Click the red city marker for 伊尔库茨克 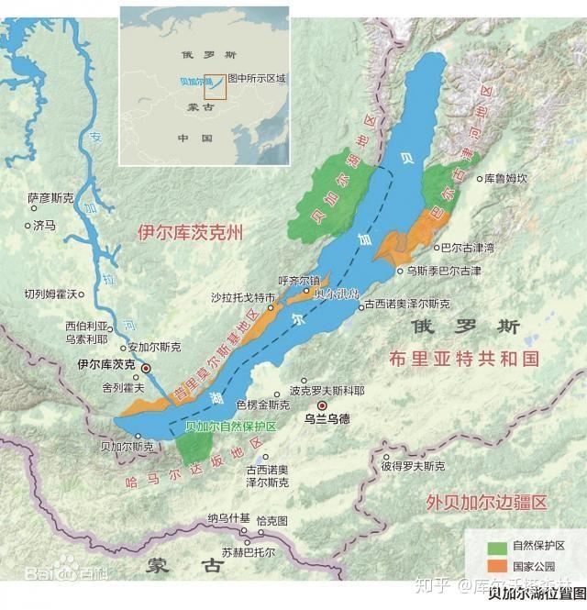146,368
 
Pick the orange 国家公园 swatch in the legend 496,565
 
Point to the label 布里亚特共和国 463,358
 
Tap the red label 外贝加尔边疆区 486,502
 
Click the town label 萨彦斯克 50,197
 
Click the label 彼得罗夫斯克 413,466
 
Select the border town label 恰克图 272,520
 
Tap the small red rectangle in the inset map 214,85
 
